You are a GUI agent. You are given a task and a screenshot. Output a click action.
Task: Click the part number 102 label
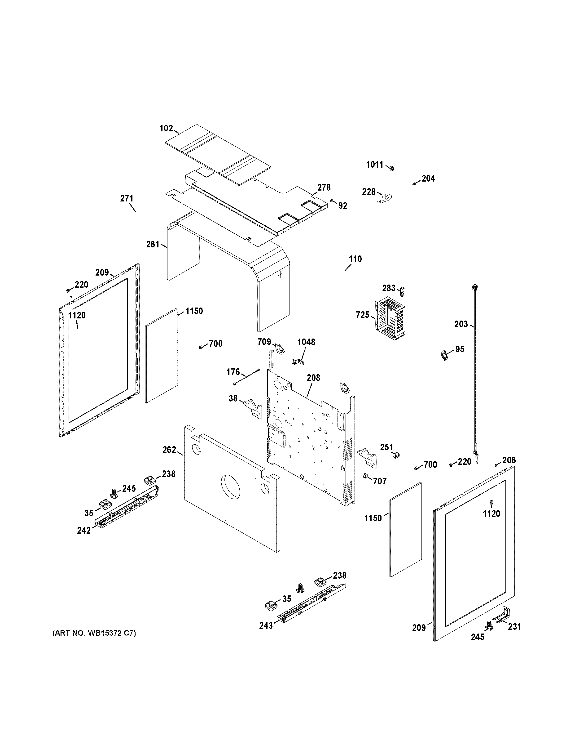pyautogui.click(x=166, y=129)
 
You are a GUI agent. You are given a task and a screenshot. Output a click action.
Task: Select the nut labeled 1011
pyautogui.click(x=391, y=168)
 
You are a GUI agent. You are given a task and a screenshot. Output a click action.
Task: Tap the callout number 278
pyautogui.click(x=324, y=187)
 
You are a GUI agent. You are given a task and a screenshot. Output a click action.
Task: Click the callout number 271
pyautogui.click(x=127, y=198)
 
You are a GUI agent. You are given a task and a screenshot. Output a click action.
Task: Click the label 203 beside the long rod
pyautogui.click(x=461, y=324)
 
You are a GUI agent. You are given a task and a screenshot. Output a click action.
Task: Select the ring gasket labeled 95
pyautogui.click(x=445, y=355)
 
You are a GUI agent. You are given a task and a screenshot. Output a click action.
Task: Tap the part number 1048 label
pyautogui.click(x=306, y=342)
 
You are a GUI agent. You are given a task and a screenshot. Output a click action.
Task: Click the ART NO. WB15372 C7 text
pyautogui.click(x=94, y=633)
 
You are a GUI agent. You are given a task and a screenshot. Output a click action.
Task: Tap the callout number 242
pyautogui.click(x=84, y=531)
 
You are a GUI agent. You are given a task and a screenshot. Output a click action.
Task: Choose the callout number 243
pyautogui.click(x=266, y=626)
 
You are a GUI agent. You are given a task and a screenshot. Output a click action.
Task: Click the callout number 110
pyautogui.click(x=355, y=259)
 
